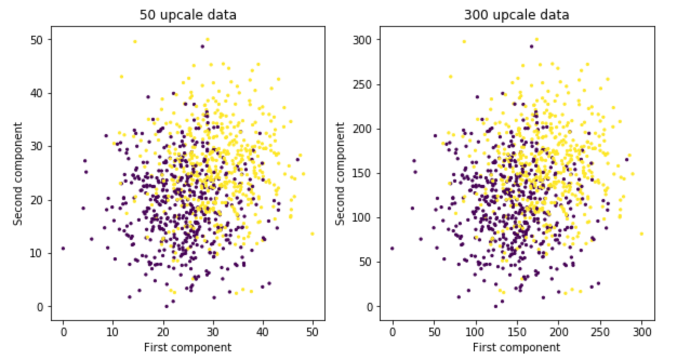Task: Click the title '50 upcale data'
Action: point(188,15)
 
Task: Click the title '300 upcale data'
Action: point(516,15)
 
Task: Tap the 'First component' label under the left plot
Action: point(188,347)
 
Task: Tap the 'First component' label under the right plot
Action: point(516,347)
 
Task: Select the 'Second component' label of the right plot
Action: point(340,174)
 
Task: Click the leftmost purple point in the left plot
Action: point(63,248)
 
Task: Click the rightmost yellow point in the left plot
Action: point(312,234)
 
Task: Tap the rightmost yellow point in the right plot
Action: point(641,234)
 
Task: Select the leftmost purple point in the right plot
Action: point(392,248)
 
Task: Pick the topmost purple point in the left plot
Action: point(202,46)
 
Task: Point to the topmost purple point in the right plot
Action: point(531,46)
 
